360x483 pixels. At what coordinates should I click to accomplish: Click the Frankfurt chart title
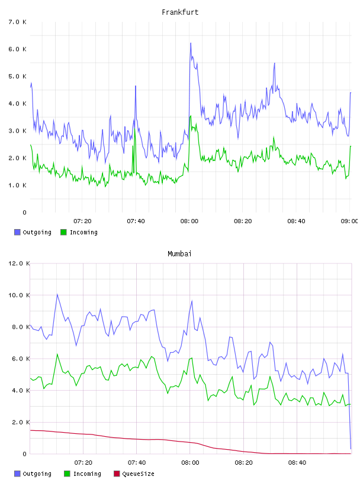click(180, 12)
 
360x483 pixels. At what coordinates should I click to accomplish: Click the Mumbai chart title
click(179, 254)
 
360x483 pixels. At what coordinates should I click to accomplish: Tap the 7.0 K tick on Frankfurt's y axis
click(18, 22)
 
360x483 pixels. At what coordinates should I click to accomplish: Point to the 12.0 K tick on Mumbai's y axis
click(19, 263)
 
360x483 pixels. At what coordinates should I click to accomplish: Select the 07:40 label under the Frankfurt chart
click(136, 221)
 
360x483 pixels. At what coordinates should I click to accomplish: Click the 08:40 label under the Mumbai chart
click(297, 462)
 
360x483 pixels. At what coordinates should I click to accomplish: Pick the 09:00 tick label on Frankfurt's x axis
click(349, 221)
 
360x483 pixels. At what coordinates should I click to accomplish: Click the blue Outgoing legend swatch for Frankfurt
click(17, 232)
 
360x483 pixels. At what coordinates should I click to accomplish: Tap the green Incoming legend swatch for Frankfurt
click(63, 232)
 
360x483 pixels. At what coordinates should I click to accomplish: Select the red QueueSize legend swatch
click(117, 474)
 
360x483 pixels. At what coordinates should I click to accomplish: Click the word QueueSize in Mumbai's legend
click(138, 474)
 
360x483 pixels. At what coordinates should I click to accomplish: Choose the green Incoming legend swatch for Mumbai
click(67, 474)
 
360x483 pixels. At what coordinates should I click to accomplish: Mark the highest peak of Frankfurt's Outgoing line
click(191, 43)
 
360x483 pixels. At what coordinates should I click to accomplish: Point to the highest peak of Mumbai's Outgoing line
click(57, 295)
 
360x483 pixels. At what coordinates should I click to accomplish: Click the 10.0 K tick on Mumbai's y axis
click(19, 295)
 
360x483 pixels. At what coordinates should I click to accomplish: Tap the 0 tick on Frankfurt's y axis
click(25, 212)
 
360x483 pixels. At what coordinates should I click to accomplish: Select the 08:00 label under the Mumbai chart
click(190, 462)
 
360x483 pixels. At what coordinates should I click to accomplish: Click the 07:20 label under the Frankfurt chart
click(82, 221)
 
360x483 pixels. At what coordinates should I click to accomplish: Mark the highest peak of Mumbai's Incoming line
click(57, 354)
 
